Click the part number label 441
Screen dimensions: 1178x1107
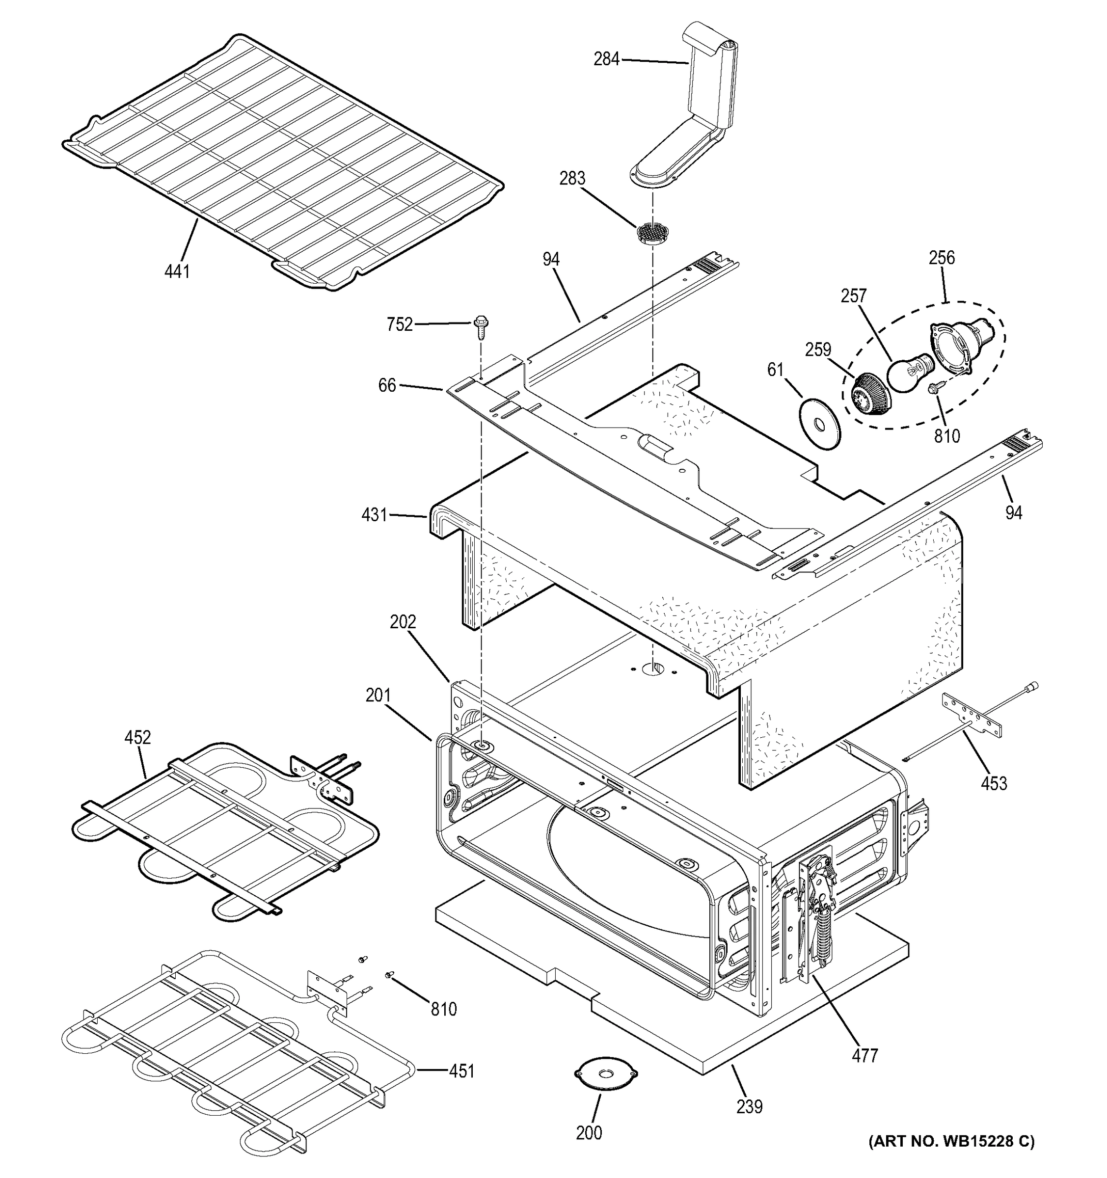click(177, 271)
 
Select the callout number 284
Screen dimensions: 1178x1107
click(606, 59)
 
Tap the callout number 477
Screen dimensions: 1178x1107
click(864, 1055)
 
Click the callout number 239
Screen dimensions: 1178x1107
click(750, 1106)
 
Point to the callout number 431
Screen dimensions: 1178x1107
click(374, 515)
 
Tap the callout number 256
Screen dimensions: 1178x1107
click(942, 258)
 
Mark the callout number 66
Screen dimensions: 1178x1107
click(387, 385)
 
